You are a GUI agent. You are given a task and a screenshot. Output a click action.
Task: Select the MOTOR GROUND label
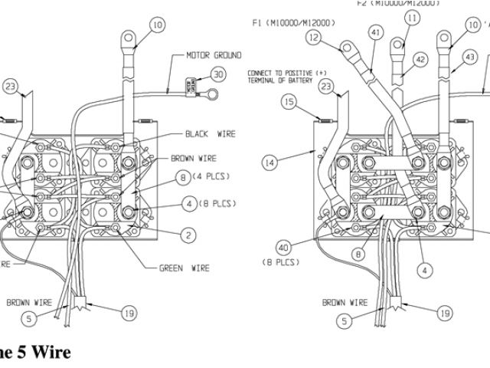pyautogui.click(x=214, y=56)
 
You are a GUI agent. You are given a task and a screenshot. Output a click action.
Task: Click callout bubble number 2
pyautogui.click(x=185, y=234)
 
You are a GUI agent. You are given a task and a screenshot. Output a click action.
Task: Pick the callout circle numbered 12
pyautogui.click(x=312, y=36)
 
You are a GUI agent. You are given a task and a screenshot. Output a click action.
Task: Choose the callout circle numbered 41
pyautogui.click(x=374, y=33)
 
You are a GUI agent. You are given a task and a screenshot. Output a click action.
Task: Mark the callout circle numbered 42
pyautogui.click(x=420, y=59)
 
